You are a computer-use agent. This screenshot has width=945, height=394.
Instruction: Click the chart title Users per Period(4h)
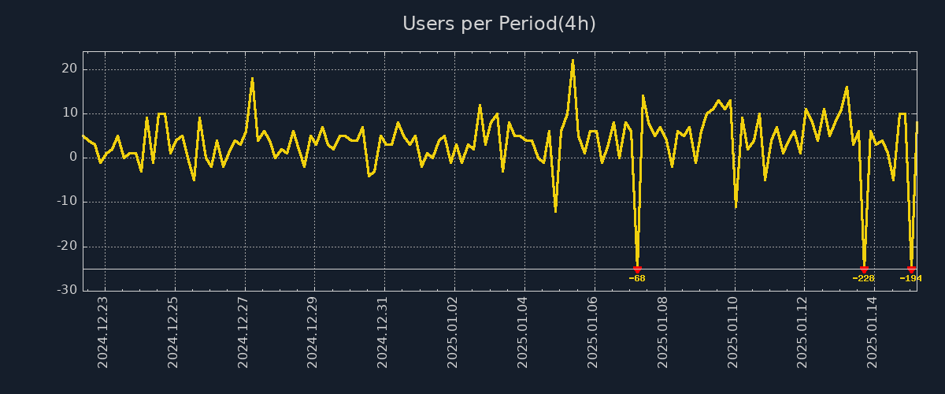click(499, 24)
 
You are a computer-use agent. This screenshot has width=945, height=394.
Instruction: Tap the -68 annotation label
click(637, 278)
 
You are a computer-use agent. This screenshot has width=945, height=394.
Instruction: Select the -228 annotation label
click(864, 278)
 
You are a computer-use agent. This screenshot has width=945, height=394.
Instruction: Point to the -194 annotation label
click(910, 278)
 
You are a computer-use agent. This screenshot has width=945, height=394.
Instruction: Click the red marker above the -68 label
click(637, 269)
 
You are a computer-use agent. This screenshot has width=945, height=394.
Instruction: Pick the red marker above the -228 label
click(864, 269)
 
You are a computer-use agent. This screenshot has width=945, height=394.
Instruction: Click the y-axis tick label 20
click(69, 69)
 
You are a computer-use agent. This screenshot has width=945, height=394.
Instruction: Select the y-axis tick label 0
click(73, 158)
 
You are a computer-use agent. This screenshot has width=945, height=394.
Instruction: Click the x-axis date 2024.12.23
click(103, 332)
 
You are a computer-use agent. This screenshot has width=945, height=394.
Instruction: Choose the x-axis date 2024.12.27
click(243, 332)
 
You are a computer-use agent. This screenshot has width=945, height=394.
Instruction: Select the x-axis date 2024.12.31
click(384, 332)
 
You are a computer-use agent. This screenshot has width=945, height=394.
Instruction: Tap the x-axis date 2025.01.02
click(453, 332)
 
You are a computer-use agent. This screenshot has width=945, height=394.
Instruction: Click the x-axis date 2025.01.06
click(593, 332)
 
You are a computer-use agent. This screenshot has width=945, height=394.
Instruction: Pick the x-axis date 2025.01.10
click(733, 332)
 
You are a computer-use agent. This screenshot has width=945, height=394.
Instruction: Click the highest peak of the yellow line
click(573, 60)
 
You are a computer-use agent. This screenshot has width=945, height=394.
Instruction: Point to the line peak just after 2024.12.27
click(252, 78)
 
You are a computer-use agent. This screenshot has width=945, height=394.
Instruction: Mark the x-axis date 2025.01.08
click(663, 332)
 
